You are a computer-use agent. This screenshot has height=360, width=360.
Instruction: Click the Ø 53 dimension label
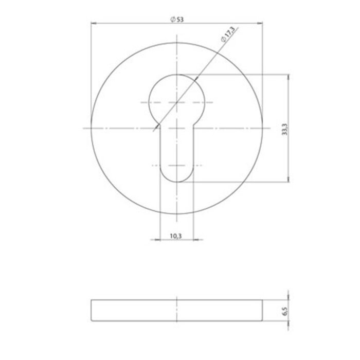point(176,19)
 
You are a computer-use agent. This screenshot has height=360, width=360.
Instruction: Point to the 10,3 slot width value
point(175,236)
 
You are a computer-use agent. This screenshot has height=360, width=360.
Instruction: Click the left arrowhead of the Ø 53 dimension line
point(93,23)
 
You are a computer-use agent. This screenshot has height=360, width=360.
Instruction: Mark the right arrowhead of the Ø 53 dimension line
point(260,23)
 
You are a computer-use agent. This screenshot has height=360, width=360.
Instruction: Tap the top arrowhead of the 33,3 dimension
point(289,76)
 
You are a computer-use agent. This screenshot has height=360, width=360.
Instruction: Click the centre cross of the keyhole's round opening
point(176,102)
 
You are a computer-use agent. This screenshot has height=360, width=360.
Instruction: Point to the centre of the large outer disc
point(176,128)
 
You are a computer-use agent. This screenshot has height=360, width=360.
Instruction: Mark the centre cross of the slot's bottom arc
point(176,166)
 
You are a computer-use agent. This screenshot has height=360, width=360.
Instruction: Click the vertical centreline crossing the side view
point(176,310)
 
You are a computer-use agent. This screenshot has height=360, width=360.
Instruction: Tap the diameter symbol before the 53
point(171,19)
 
